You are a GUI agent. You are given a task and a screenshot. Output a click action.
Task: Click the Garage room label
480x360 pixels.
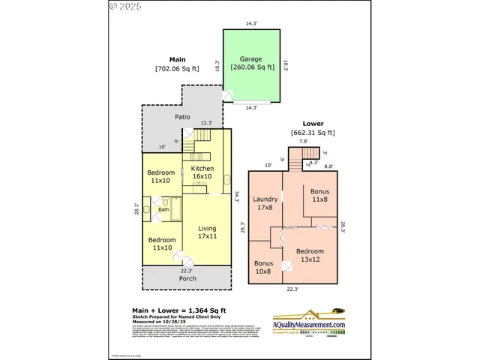pyautogui.click(x=250, y=58)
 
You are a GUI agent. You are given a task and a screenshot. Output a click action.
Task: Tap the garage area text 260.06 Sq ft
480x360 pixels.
pyautogui.click(x=250, y=67)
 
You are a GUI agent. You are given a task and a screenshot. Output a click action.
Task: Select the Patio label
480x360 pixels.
pyautogui.click(x=182, y=118)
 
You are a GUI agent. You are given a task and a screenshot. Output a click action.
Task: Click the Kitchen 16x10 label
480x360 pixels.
pyautogui.click(x=202, y=173)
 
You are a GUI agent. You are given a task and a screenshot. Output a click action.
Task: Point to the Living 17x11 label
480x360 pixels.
pyautogui.click(x=207, y=232)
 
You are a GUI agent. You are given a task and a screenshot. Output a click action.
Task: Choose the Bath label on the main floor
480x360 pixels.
pyautogui.click(x=163, y=209)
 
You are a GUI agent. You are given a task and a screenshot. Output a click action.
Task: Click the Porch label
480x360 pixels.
pyautogui.click(x=187, y=279)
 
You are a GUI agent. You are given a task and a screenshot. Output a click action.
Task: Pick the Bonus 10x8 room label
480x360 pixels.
pyautogui.click(x=263, y=268)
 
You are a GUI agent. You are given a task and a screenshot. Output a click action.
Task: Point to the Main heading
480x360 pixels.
pyautogui.click(x=177, y=59)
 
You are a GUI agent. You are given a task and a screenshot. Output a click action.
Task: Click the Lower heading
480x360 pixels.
pyautogui.click(x=313, y=123)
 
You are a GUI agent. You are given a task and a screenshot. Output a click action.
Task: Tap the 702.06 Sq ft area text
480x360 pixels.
pyautogui.click(x=177, y=68)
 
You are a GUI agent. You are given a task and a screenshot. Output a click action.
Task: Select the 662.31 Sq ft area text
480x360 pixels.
pyautogui.click(x=313, y=133)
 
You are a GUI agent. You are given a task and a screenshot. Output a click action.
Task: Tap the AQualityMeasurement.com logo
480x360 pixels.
pyautogui.click(x=298, y=321)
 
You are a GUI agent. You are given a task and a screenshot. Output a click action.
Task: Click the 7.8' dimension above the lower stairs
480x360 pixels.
pyautogui.click(x=303, y=141)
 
